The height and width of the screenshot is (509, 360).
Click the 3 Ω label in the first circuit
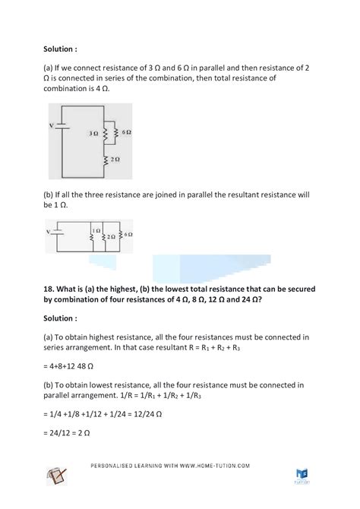(93, 132)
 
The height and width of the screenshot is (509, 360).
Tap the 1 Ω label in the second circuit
(96, 229)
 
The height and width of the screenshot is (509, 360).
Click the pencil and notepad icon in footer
(56, 477)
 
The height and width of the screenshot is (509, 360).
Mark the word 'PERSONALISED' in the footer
(112, 466)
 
